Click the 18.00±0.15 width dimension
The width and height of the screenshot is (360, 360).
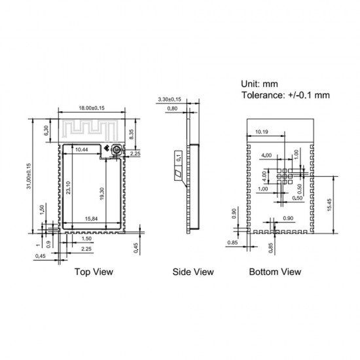92,108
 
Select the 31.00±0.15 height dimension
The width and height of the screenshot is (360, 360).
29,176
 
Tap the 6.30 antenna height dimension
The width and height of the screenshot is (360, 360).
46,130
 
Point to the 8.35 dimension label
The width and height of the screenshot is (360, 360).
132,134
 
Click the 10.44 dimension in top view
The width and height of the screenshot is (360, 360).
82,150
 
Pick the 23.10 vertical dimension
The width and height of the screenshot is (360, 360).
69,188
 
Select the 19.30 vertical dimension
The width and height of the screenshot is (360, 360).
102,194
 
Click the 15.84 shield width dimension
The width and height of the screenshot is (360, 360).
91,219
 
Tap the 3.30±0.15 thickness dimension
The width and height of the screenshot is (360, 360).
170,99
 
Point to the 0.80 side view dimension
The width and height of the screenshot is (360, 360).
172,109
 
